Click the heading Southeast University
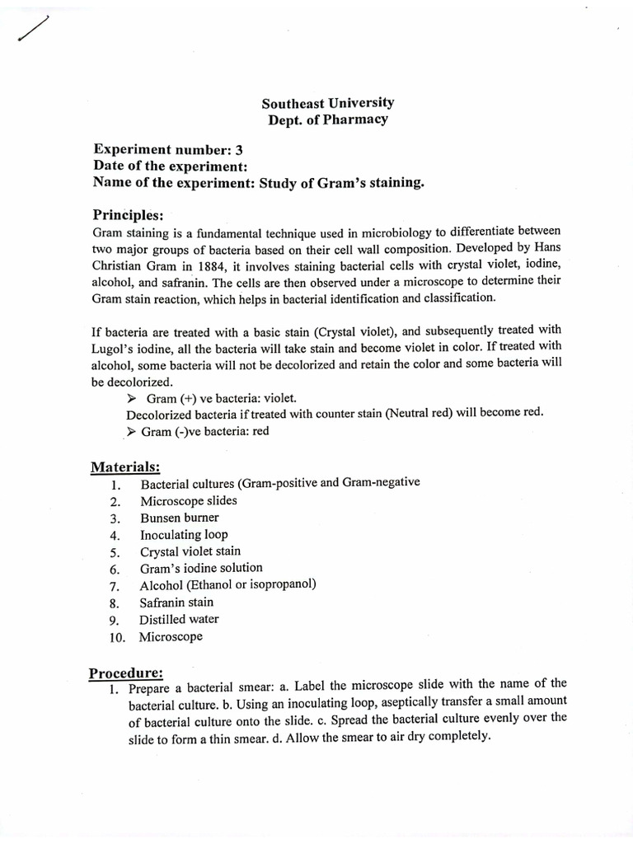327,103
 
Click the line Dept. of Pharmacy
327,120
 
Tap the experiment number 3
239,149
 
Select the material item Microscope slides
188,501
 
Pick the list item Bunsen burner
179,518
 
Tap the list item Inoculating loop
184,535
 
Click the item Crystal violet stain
190,551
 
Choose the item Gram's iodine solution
201,568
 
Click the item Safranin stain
176,603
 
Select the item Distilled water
179,620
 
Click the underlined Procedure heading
126,673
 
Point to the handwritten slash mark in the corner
32,30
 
